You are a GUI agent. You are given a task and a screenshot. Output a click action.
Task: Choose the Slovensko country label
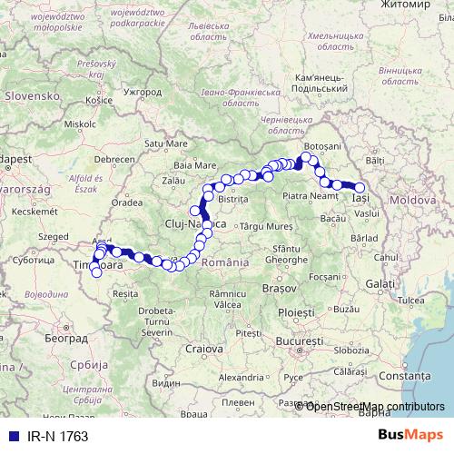(x=30, y=94)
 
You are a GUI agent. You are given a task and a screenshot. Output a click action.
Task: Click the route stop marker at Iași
(x=360, y=188)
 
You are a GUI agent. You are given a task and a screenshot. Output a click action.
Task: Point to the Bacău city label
(x=333, y=219)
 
